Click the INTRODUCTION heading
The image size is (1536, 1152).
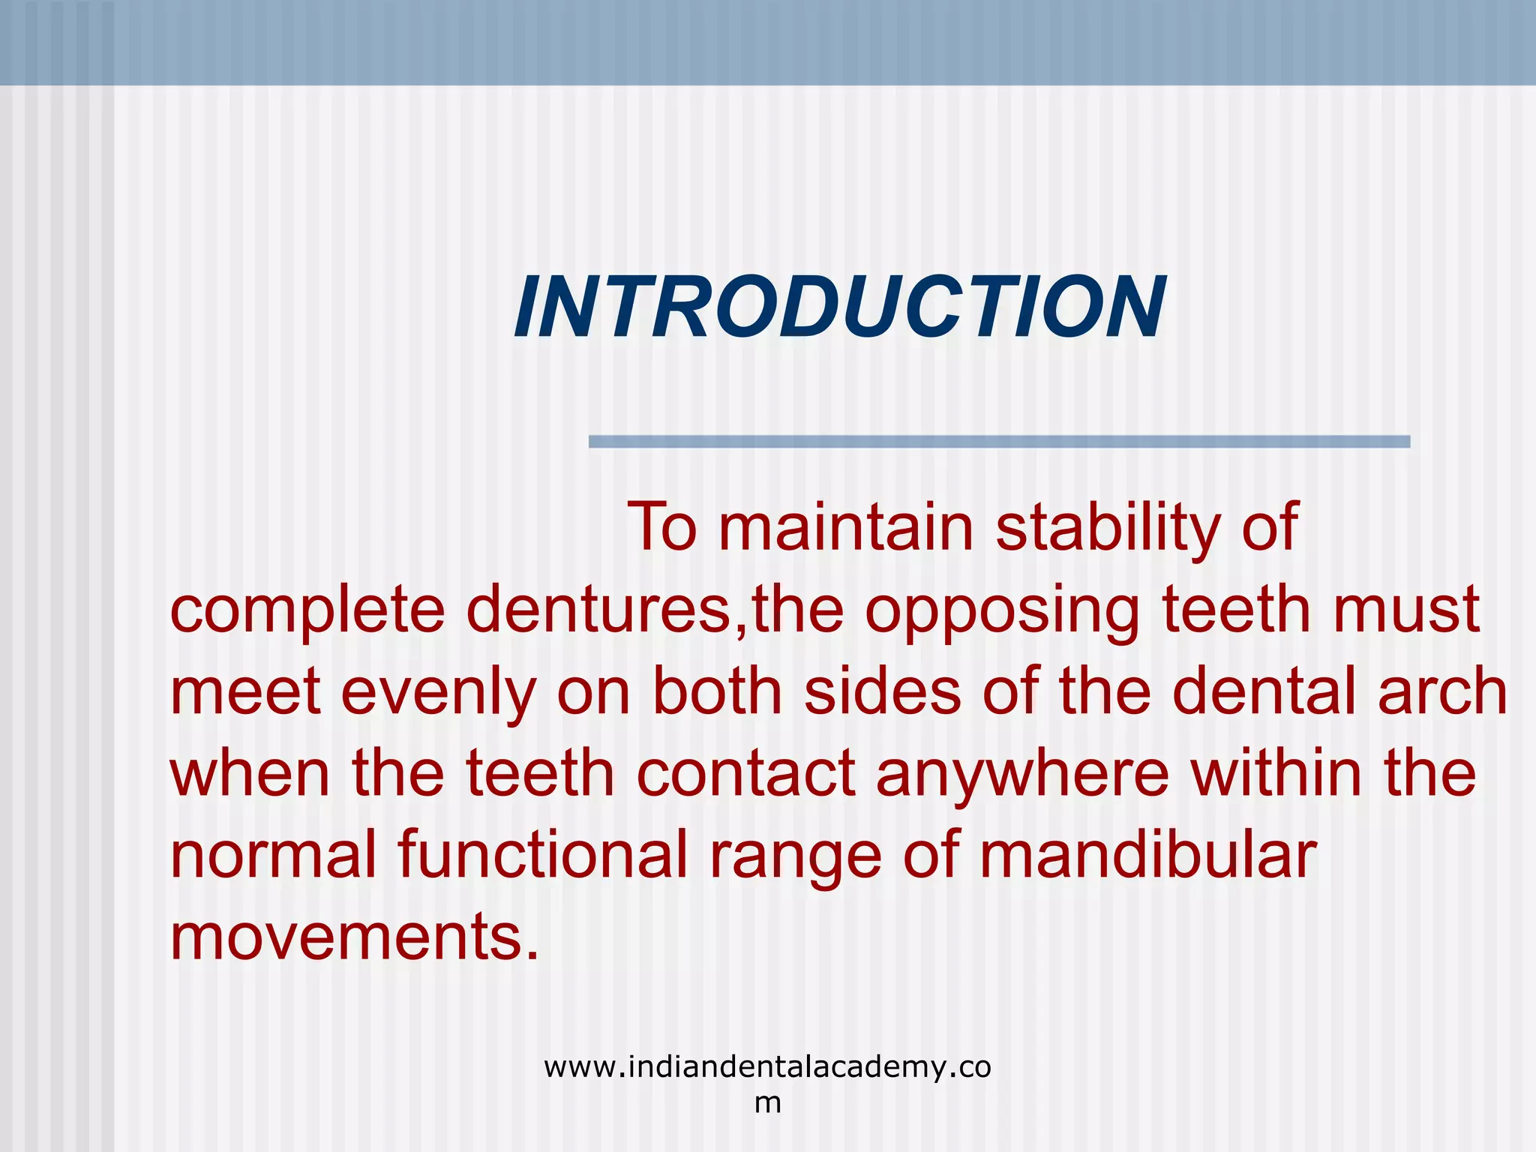pyautogui.click(x=839, y=308)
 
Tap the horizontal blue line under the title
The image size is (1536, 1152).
pyautogui.click(x=999, y=442)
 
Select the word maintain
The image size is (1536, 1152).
pyautogui.click(x=845, y=527)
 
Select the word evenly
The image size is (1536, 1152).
pyautogui.click(x=438, y=692)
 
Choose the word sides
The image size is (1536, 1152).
pyautogui.click(x=882, y=691)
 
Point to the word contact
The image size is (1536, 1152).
pyautogui.click(x=745, y=773)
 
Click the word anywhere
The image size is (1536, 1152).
pyautogui.click(x=1022, y=775)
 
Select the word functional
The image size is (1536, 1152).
pyautogui.click(x=542, y=856)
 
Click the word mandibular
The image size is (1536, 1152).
pyautogui.click(x=1147, y=856)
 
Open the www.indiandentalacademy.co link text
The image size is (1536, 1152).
pyautogui.click(x=767, y=1066)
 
